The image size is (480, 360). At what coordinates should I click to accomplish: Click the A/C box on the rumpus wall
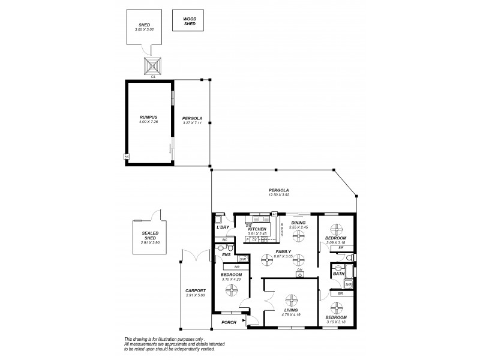click(x=127, y=157)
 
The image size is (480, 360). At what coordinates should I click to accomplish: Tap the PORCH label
click(x=229, y=322)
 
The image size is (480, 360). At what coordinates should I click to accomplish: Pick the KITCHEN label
click(x=257, y=229)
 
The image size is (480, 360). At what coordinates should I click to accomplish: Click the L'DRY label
click(x=222, y=227)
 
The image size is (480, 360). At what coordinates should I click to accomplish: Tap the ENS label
click(x=226, y=255)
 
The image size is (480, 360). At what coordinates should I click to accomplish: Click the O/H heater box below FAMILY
click(x=299, y=275)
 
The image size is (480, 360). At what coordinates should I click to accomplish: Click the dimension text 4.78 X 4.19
click(x=292, y=314)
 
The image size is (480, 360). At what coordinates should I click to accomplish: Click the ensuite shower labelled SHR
click(x=235, y=259)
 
